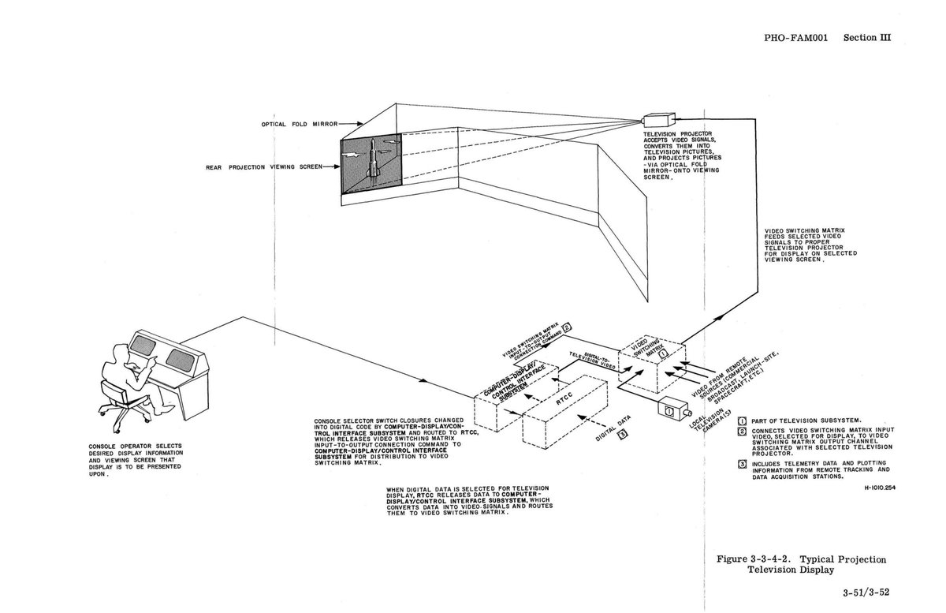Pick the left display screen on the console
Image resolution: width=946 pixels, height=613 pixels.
[144, 346]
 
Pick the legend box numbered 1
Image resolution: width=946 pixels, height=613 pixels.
[741, 419]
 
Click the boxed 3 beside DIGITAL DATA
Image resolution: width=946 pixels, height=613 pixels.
[623, 433]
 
